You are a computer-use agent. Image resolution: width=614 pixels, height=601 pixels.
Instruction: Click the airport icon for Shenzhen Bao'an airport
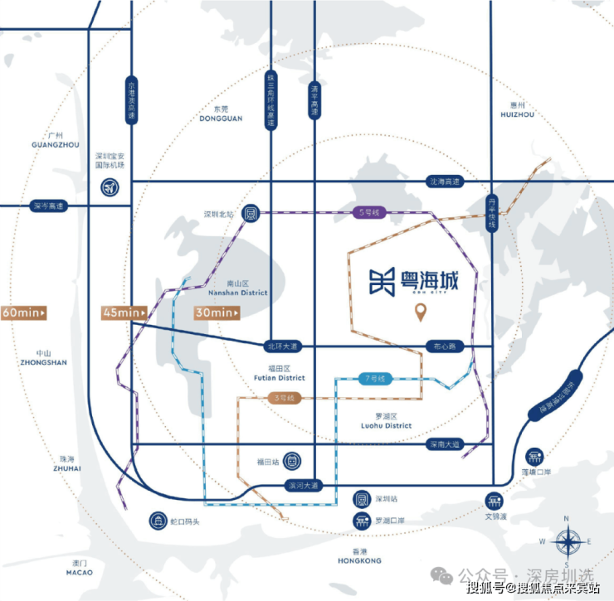(109, 187)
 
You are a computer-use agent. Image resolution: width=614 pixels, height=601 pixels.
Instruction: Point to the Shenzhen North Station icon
(251, 213)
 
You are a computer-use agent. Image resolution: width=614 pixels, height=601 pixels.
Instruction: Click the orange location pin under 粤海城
(422, 313)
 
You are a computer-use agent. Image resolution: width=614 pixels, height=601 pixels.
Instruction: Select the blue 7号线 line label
(375, 379)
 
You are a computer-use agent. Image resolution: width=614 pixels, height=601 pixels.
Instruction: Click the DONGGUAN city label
(221, 118)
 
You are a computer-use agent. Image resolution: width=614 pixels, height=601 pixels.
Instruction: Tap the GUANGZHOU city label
(55, 144)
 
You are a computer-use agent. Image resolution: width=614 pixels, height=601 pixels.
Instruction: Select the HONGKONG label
(358, 560)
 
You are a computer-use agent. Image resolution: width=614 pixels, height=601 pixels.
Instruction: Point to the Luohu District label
(387, 425)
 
